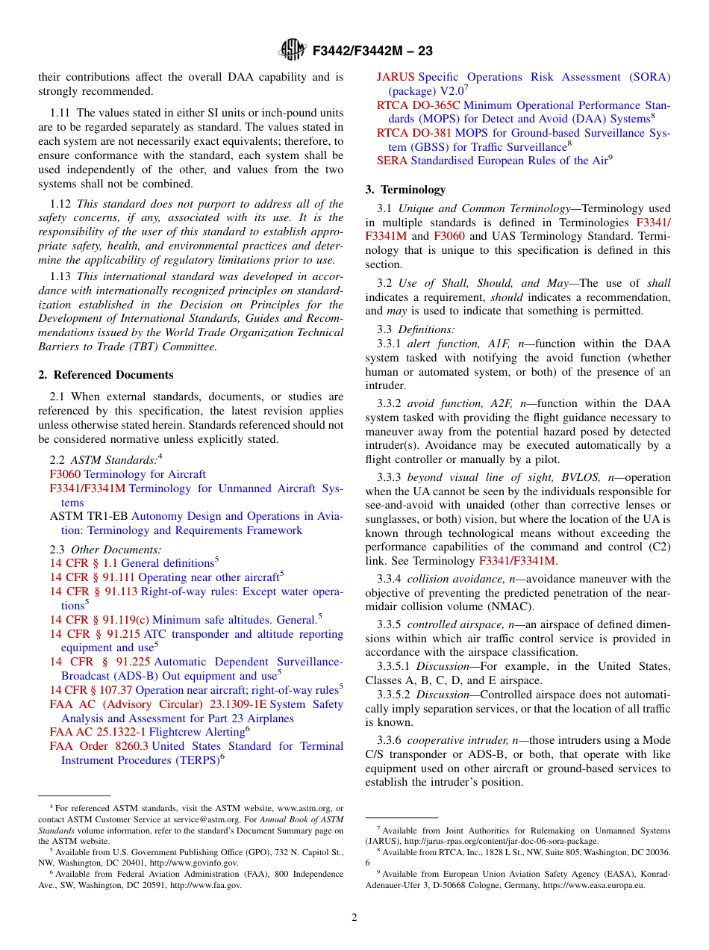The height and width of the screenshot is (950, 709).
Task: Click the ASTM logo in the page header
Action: point(292,50)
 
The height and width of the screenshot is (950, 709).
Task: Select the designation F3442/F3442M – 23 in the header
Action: point(372,52)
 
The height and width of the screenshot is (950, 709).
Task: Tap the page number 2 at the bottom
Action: point(354,918)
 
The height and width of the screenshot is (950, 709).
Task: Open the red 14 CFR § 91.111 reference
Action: point(93,577)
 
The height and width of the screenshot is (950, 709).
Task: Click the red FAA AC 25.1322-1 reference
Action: point(98,732)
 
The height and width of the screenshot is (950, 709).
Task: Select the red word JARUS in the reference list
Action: point(396,77)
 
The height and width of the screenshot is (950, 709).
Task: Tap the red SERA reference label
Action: point(392,161)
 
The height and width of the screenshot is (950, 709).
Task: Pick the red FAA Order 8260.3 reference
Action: point(99,746)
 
